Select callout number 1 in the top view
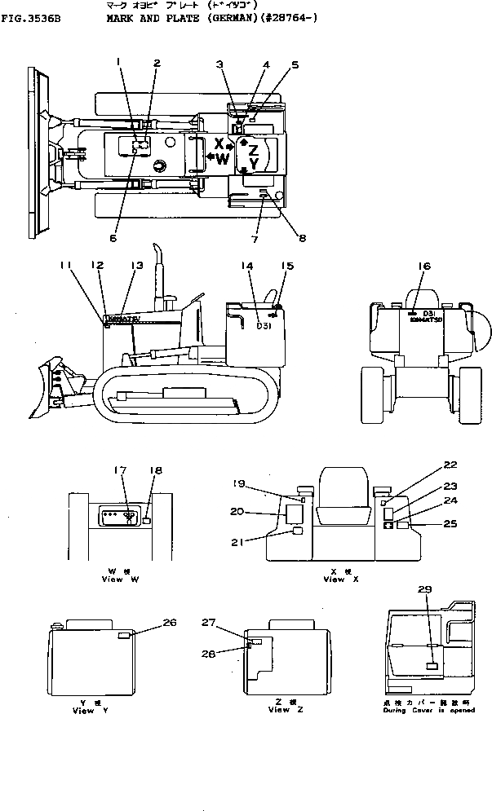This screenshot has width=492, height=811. pos(118,61)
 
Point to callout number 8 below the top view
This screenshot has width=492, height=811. pos(302,238)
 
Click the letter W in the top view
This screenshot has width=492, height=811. pos(223,160)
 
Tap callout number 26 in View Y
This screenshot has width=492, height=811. pos(169,624)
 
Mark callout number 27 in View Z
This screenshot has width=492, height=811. pos(209,624)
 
